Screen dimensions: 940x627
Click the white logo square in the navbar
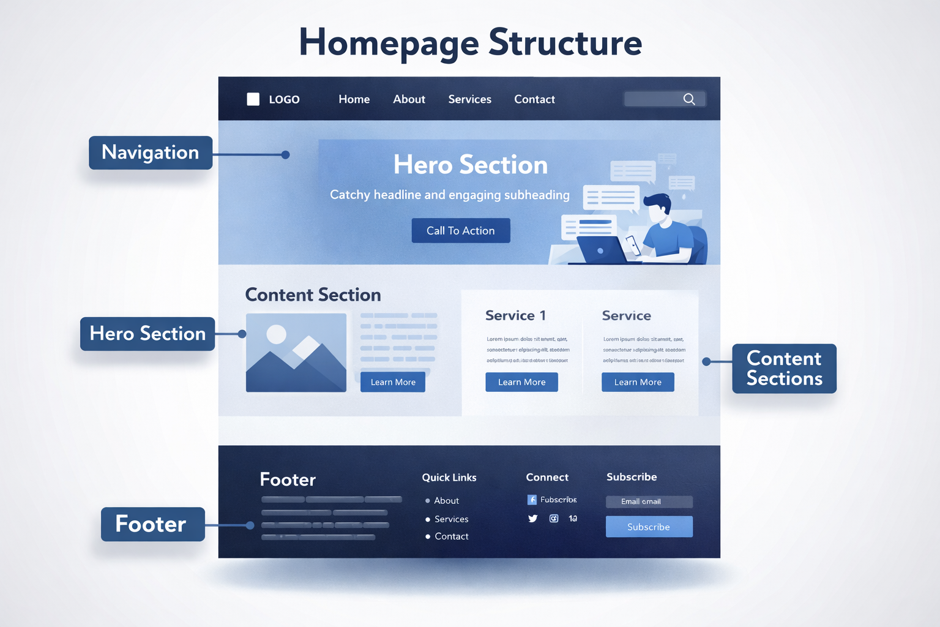(253, 99)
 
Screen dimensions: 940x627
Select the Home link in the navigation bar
(354, 99)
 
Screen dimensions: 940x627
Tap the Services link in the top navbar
(469, 99)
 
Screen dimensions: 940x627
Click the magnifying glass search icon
(689, 99)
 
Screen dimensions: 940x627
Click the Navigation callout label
(151, 152)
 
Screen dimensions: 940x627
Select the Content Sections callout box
(784, 369)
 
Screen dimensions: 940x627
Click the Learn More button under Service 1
(521, 382)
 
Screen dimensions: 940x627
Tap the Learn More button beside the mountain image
(393, 382)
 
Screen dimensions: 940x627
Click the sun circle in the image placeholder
(277, 334)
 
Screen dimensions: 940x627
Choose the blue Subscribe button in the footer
(649, 527)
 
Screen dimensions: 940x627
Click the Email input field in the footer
(649, 501)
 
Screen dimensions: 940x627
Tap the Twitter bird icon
(533, 519)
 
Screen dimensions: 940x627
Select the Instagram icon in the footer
(554, 519)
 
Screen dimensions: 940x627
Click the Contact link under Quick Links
(451, 536)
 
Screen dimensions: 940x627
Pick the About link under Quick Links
(446, 501)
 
